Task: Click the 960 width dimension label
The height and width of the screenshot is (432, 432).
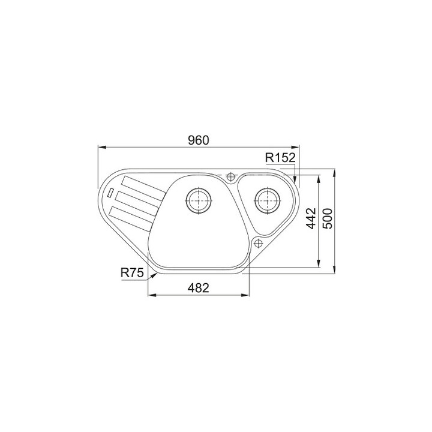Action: click(199, 140)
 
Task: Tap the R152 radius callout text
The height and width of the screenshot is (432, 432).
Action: click(280, 158)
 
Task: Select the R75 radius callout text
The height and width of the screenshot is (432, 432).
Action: click(132, 273)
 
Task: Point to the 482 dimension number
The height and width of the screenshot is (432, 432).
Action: click(199, 288)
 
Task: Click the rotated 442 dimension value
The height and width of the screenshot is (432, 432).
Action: click(311, 218)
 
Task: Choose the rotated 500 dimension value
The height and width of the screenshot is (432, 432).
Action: click(328, 218)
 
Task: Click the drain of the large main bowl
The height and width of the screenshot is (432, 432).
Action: click(199, 200)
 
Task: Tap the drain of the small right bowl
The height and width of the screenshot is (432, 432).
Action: click(268, 200)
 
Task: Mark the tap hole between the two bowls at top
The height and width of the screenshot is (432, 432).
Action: click(230, 177)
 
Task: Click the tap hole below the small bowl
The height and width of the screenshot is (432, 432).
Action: click(258, 243)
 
